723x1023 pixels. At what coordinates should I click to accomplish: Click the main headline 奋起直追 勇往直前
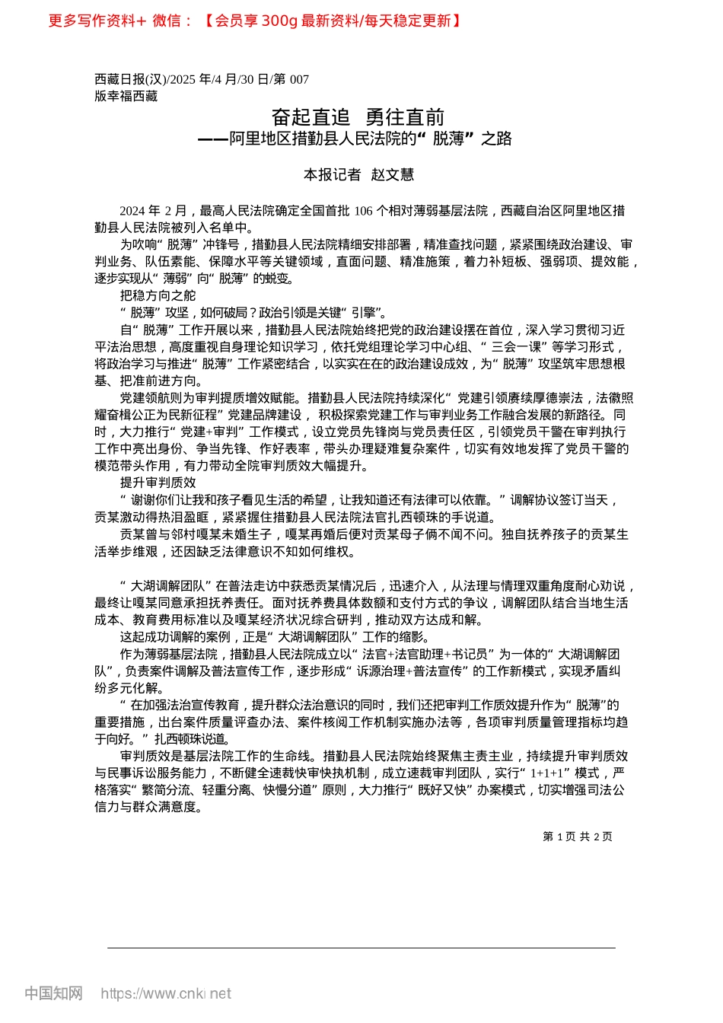pyautogui.click(x=358, y=117)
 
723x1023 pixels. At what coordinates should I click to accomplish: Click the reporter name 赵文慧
pyautogui.click(x=393, y=174)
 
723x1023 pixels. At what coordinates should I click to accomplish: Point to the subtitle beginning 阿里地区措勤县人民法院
pyautogui.click(x=355, y=139)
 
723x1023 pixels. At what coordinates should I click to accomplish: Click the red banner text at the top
pyautogui.click(x=255, y=21)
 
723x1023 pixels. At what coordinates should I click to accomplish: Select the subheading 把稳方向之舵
pyautogui.click(x=158, y=295)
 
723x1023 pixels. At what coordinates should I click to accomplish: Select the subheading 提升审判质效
pyautogui.click(x=158, y=483)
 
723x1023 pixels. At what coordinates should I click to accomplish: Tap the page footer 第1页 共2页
pyautogui.click(x=578, y=837)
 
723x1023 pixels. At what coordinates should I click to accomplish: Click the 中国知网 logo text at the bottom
pyautogui.click(x=53, y=993)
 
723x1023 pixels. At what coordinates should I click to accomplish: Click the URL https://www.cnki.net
pyautogui.click(x=166, y=993)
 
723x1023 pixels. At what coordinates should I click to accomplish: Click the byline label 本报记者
pyautogui.click(x=332, y=174)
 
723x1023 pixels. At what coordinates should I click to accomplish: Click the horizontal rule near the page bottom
pyautogui.click(x=361, y=948)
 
